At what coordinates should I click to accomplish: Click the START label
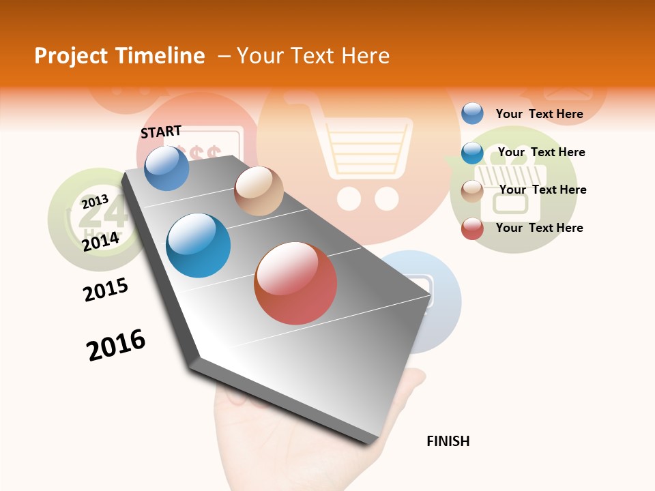tap(161, 132)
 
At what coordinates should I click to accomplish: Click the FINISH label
tap(448, 441)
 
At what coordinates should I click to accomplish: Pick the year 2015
tap(106, 289)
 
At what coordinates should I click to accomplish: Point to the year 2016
tap(116, 345)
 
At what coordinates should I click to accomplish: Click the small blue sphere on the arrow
tap(167, 168)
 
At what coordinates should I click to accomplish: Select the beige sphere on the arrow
tap(259, 191)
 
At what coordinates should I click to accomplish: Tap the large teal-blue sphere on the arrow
tap(199, 245)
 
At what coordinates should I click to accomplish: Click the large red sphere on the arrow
tap(295, 283)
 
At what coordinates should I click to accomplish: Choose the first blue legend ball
tap(472, 113)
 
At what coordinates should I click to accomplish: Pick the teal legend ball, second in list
tap(472, 153)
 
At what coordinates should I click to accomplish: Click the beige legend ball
tap(472, 190)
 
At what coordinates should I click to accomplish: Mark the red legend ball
tap(472, 228)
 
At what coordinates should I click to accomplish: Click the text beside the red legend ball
tap(539, 228)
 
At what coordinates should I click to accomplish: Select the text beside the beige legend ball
tap(542, 190)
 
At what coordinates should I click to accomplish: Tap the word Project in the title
tap(71, 56)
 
